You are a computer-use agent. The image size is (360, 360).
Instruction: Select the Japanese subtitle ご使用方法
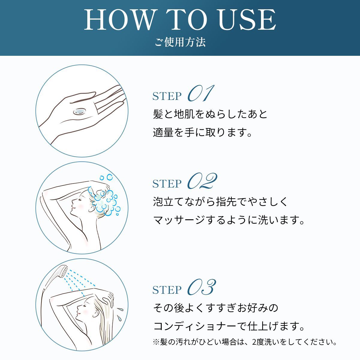[180, 42]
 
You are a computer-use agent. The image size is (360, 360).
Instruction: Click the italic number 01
[201, 93]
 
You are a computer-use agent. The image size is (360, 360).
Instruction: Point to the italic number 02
[202, 181]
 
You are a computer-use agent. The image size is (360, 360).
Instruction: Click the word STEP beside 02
[167, 184]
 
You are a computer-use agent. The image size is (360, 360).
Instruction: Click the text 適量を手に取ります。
[202, 132]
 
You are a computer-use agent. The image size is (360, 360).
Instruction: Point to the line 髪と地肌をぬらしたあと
[210, 114]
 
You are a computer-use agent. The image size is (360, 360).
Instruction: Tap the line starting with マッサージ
[229, 220]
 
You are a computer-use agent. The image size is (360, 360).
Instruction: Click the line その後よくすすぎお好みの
[216, 308]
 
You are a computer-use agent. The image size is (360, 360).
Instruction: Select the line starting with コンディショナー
[229, 326]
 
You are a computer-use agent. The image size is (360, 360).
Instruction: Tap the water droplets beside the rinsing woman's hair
[120, 313]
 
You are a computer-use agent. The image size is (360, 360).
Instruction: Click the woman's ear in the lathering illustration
[92, 207]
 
